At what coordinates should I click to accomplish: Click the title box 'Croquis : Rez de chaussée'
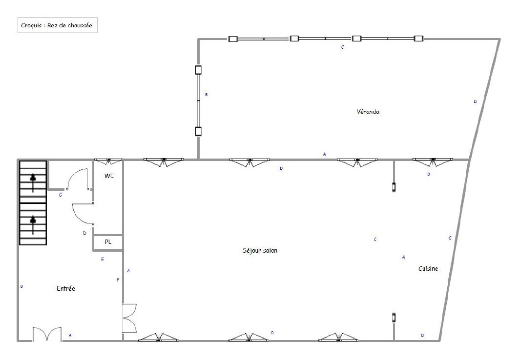58,25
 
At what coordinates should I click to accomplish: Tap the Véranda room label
368,112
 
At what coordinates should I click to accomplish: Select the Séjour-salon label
260,251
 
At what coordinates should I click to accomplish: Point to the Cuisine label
428,269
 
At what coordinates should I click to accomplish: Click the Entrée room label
65,288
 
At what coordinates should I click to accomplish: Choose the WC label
109,176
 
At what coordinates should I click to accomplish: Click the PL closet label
108,242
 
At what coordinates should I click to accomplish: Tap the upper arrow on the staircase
33,182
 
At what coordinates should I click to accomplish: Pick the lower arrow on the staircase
33,225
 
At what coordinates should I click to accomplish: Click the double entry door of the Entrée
47,334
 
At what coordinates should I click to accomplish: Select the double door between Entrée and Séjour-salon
129,318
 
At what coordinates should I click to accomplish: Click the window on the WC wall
108,161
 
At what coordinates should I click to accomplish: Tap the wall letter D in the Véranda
475,101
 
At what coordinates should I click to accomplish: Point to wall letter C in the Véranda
343,47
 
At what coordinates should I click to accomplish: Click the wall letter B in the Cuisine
429,174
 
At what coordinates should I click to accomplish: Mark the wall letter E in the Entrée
103,260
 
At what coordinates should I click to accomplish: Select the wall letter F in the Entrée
118,280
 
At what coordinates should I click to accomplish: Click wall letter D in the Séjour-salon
272,333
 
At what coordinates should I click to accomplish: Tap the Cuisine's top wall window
433,161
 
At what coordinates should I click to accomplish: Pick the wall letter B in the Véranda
206,95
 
